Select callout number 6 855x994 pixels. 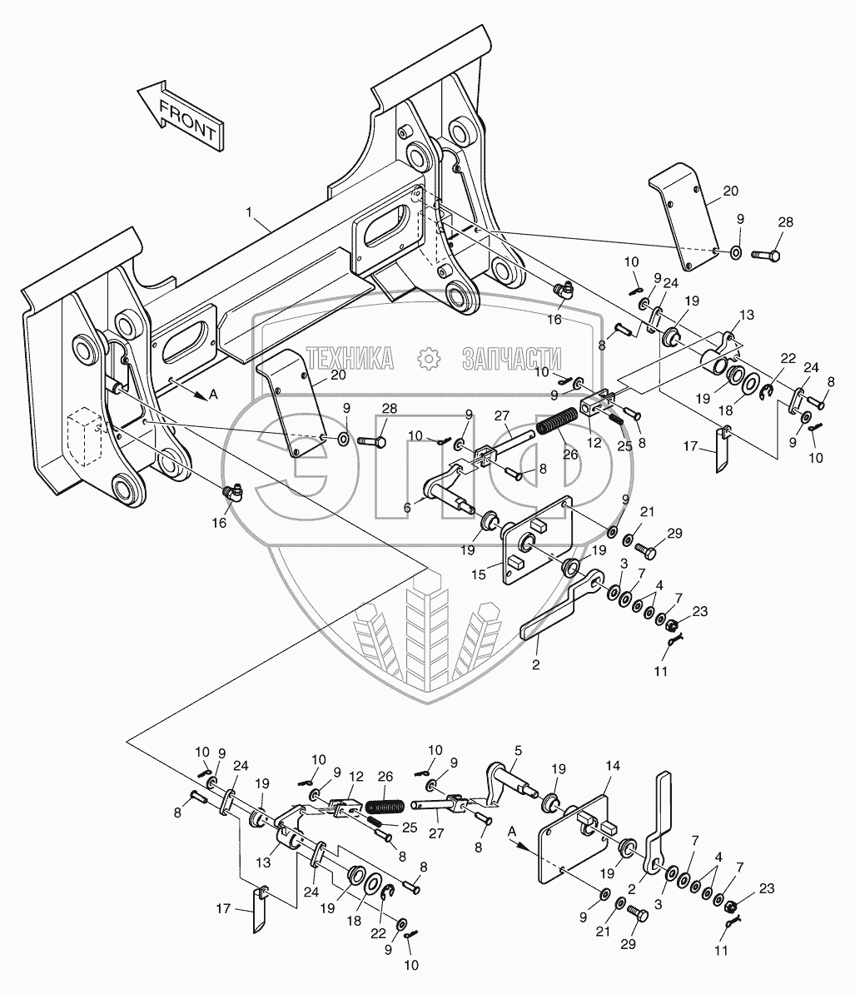coord(407,507)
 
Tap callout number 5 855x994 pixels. coord(518,751)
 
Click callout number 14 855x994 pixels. coord(612,766)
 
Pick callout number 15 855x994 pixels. coord(479,574)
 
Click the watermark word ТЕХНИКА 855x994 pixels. coord(350,359)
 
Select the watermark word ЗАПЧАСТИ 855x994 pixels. coord(511,359)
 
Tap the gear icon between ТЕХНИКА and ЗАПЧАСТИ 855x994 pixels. coord(429,359)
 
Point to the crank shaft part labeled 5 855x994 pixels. coord(511,783)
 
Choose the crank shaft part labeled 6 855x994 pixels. coord(450,489)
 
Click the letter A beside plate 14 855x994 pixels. coord(511,831)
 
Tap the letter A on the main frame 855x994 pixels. coord(213,395)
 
